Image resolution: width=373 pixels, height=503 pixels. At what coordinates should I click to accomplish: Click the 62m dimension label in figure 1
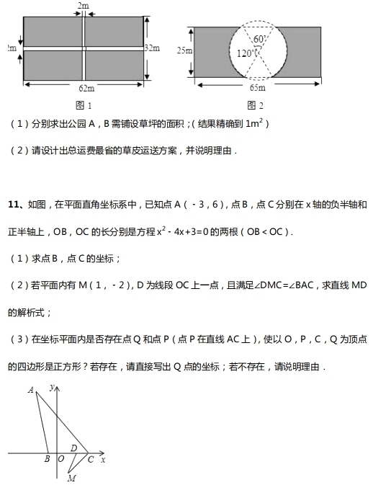coord(86,88)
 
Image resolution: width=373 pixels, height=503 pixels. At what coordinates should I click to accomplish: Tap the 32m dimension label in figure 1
coord(152,48)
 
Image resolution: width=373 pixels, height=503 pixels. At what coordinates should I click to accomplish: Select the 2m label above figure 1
coord(84,6)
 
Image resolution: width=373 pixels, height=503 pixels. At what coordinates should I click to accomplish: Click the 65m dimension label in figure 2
coord(257,88)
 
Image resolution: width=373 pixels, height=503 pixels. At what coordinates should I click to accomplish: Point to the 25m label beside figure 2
coord(184,50)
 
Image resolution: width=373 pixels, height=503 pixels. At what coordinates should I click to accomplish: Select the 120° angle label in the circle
coord(245,53)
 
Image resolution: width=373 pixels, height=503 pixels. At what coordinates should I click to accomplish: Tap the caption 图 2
coord(256,104)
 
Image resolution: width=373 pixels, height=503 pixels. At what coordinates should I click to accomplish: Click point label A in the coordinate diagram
coord(31,391)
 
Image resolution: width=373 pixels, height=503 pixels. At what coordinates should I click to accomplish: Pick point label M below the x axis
coord(71,478)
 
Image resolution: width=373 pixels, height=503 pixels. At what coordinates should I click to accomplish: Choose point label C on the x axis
coord(90,459)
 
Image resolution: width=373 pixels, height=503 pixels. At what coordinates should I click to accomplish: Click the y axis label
coord(52,388)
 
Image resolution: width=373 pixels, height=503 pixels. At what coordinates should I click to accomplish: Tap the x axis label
coord(103,459)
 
